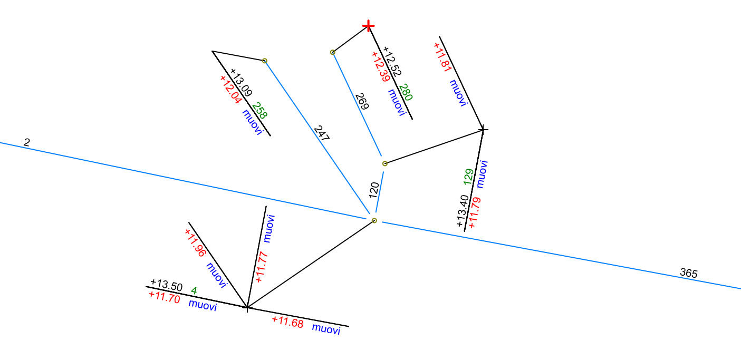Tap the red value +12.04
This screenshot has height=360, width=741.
click(x=231, y=90)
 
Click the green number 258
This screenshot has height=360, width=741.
click(x=259, y=111)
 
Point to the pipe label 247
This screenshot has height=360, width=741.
click(x=321, y=133)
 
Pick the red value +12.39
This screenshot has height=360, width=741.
click(x=381, y=66)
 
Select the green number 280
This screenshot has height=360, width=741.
click(x=406, y=92)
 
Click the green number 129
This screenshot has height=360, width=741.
click(x=468, y=176)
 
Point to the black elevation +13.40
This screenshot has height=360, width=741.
click(x=463, y=211)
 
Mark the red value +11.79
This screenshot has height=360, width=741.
click(x=474, y=212)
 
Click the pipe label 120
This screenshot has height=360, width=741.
click(x=374, y=190)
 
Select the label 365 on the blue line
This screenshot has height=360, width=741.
click(x=689, y=273)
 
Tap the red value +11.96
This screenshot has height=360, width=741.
click(x=195, y=242)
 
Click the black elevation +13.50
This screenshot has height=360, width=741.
click(x=166, y=286)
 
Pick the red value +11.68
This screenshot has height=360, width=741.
click(x=287, y=322)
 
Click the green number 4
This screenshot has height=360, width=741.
click(x=194, y=290)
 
